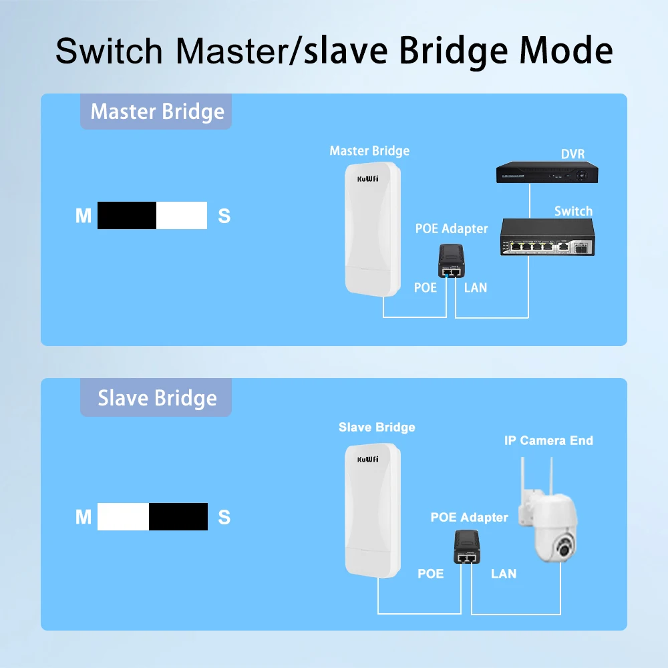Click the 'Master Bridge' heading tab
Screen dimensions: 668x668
coord(157,112)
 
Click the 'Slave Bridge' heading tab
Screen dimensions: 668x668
coord(157,398)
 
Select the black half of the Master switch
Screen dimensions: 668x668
coord(127,216)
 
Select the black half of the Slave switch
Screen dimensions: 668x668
coord(178,517)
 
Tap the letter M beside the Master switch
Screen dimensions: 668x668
coord(83,216)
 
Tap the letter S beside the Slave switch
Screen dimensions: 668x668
coord(224,517)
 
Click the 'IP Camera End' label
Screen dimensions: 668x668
coord(548,441)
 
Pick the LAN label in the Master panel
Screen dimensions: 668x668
coord(475,288)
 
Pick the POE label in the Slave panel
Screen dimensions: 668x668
coord(430,574)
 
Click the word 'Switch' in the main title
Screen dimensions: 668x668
coord(109,51)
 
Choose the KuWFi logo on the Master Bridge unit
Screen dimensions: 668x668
coord(368,178)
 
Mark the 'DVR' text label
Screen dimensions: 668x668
coord(572,154)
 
